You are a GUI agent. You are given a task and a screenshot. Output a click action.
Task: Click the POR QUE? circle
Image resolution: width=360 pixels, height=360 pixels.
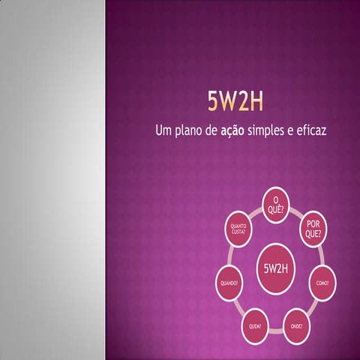pyautogui.click(x=313, y=229)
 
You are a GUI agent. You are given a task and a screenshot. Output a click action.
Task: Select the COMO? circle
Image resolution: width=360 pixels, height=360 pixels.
pyautogui.click(x=322, y=283)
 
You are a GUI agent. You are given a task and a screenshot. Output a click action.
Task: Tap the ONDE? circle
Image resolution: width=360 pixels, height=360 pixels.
pyautogui.click(x=297, y=325)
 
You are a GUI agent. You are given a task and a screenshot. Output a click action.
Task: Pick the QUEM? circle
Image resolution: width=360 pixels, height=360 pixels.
pyautogui.click(x=255, y=325)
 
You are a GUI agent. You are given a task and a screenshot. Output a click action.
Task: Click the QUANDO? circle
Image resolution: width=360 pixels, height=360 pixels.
pyautogui.click(x=229, y=283)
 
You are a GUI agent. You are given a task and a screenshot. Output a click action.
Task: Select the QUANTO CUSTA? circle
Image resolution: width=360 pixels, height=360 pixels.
pyautogui.click(x=239, y=229)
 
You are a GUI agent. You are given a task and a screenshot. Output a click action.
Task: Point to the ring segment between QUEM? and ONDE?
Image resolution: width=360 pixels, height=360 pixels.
pyautogui.click(x=276, y=328)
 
